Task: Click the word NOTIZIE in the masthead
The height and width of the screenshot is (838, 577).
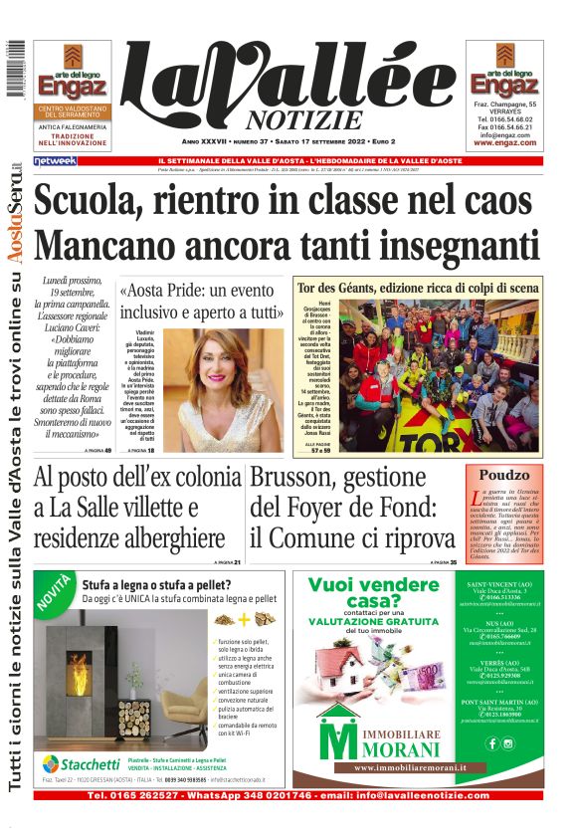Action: point(290,120)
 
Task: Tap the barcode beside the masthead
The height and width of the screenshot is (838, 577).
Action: point(14,70)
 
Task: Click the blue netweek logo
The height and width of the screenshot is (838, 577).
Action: point(55,160)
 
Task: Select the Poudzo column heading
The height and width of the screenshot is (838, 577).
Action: point(504,476)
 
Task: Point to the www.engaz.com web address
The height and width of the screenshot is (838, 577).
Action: point(504,142)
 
